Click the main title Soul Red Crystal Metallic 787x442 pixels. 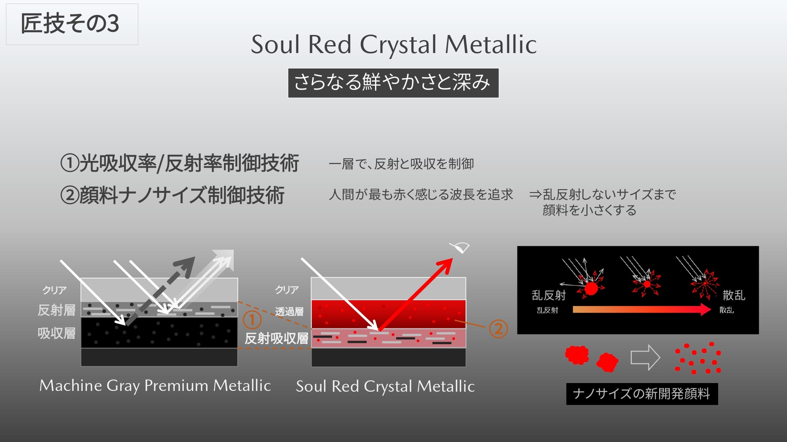[393, 44]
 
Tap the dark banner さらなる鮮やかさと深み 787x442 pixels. [393, 83]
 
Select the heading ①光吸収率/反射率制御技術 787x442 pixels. [180, 163]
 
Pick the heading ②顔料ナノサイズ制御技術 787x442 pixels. [172, 195]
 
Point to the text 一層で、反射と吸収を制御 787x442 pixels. [401, 164]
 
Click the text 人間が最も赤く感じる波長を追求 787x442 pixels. [421, 194]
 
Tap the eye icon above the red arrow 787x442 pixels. [460, 247]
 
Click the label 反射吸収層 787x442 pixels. [276, 338]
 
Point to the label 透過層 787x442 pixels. [289, 311]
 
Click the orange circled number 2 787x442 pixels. [498, 329]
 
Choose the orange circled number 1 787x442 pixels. [252, 320]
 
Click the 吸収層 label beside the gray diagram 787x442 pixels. [57, 334]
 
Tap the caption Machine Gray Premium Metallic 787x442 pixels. [155, 386]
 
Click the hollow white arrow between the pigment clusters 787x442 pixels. [645, 357]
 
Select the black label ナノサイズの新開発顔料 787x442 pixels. [641, 394]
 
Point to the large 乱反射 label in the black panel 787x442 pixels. [548, 295]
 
